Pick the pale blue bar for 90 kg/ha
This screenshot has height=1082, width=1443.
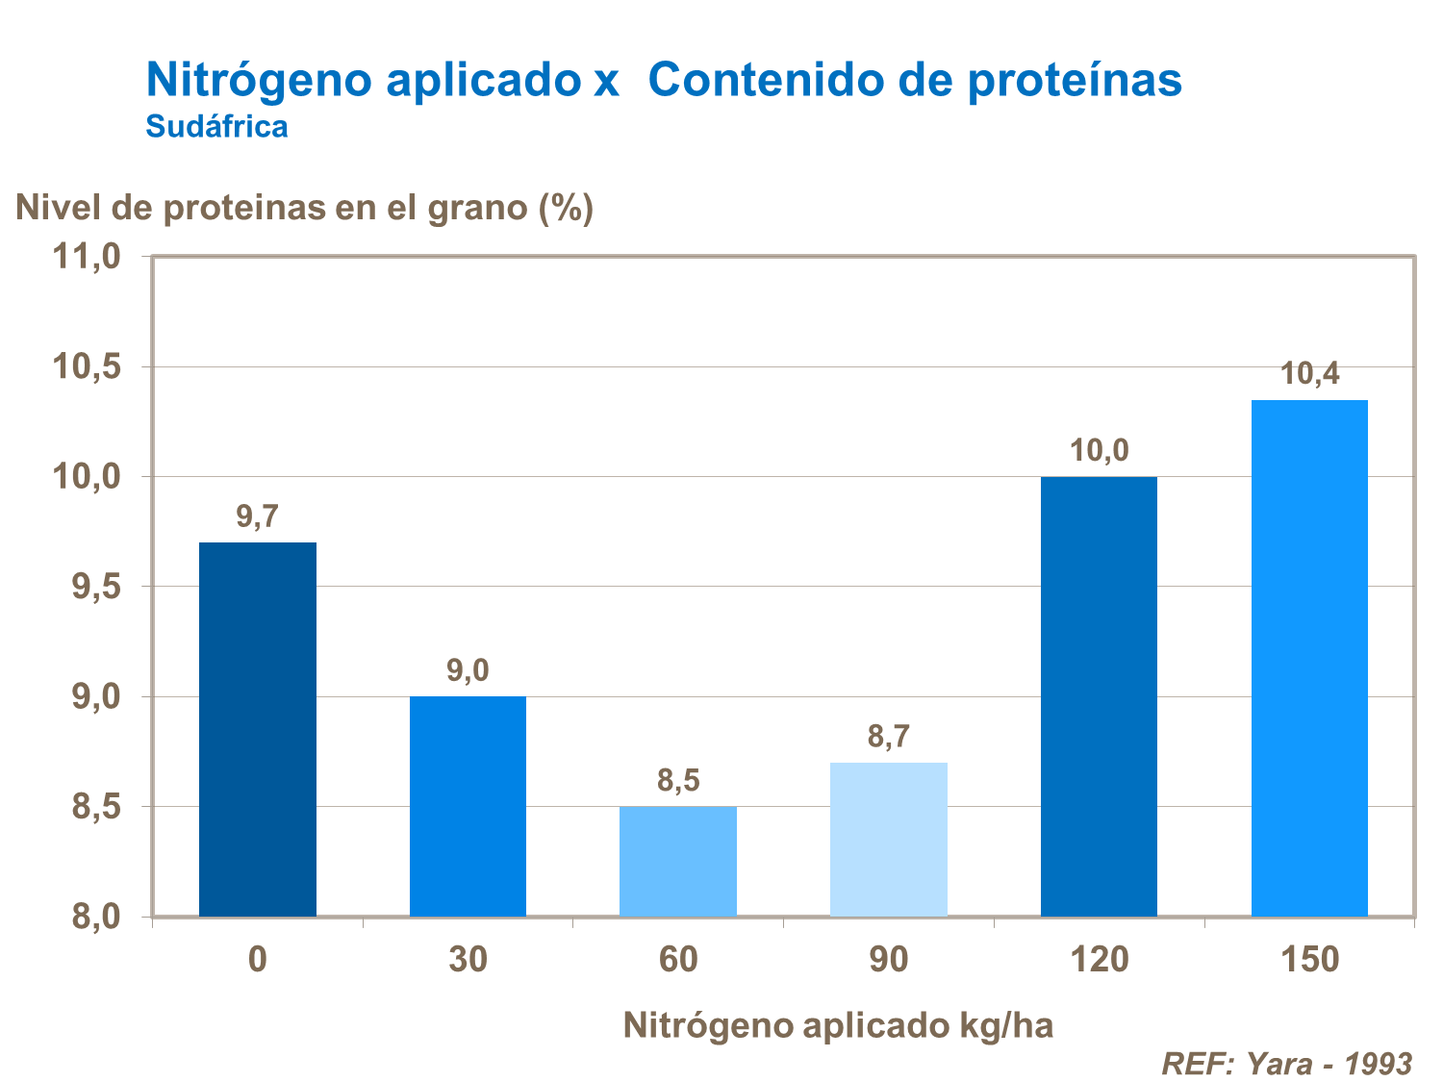[888, 839]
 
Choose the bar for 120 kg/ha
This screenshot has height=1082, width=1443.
[1099, 696]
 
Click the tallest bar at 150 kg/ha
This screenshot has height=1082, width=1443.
[1309, 658]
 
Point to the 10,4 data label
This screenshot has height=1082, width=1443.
[1309, 374]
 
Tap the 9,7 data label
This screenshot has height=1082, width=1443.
[257, 517]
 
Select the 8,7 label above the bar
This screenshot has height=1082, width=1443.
[888, 738]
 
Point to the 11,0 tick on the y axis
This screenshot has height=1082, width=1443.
[86, 257]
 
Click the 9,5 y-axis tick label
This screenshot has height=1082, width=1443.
[95, 587]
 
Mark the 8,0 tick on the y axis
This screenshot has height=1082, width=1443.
[95, 917]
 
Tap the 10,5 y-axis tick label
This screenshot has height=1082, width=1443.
[86, 366]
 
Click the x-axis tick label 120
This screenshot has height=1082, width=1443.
[1099, 960]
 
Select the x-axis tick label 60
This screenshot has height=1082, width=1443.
[678, 960]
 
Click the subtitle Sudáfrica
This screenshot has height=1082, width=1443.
[216, 127]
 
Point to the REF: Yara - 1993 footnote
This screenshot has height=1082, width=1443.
[1286, 1063]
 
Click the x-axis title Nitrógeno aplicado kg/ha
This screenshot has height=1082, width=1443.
[838, 1025]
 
